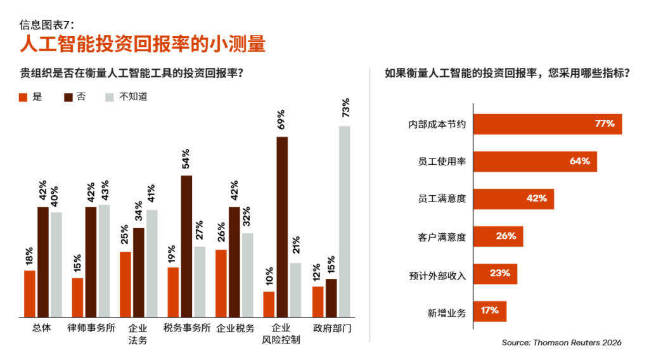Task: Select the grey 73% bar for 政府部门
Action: (344, 221)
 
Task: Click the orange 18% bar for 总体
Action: (30, 293)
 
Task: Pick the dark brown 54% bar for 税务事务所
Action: (186, 246)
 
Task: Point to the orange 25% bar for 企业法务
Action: (125, 284)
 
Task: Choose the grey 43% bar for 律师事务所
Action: (104, 260)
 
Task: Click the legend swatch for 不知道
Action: (108, 98)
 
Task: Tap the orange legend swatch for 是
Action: (23, 98)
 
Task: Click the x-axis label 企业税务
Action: (235, 328)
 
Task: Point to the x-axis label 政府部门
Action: (331, 328)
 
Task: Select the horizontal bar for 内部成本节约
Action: (548, 124)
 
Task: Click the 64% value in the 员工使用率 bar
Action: (580, 162)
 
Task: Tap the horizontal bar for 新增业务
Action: (490, 311)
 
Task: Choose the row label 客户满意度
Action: (442, 237)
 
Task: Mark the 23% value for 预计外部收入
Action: (500, 274)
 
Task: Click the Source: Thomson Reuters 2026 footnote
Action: (562, 342)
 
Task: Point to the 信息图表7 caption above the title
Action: (47, 25)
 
